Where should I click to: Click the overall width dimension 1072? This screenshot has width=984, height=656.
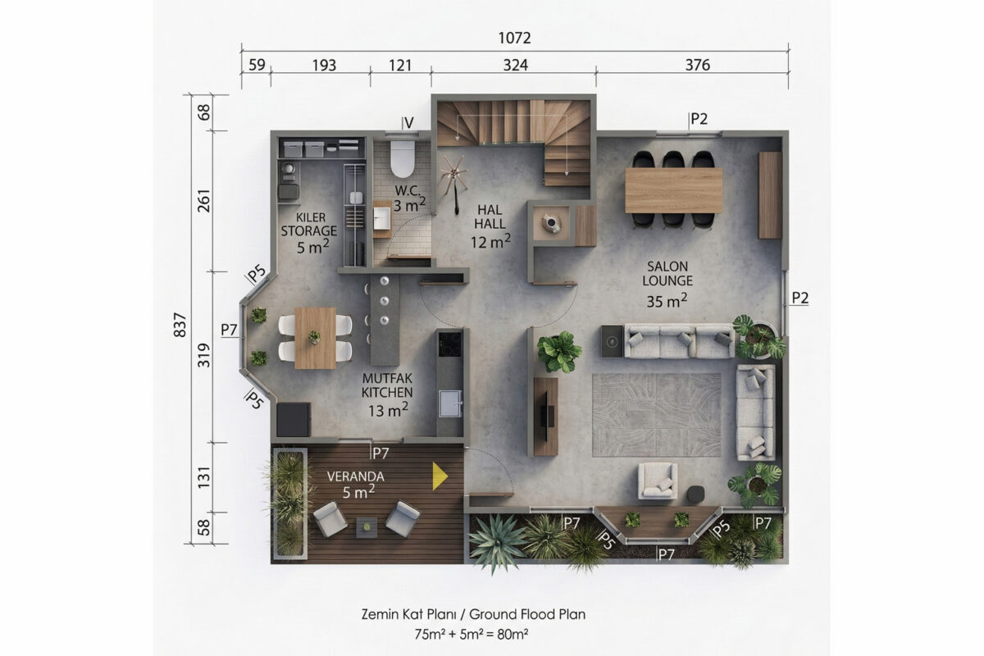514,39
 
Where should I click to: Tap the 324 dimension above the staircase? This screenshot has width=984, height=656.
515,66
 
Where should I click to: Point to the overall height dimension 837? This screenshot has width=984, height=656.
180,325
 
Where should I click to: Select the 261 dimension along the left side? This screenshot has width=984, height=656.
204,201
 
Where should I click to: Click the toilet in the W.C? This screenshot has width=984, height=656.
403,157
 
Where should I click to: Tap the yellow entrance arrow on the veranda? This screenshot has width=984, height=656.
440,476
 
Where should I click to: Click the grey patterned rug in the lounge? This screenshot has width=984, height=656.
657,415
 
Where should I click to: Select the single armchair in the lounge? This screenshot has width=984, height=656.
657,481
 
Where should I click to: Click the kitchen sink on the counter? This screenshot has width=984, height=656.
450,403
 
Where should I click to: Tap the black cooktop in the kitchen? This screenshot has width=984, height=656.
450,344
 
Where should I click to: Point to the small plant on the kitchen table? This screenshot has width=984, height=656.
314,337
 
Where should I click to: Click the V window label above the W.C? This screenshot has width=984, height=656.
409,124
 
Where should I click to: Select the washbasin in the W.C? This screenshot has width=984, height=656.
381,218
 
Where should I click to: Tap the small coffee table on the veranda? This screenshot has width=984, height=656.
367,526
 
